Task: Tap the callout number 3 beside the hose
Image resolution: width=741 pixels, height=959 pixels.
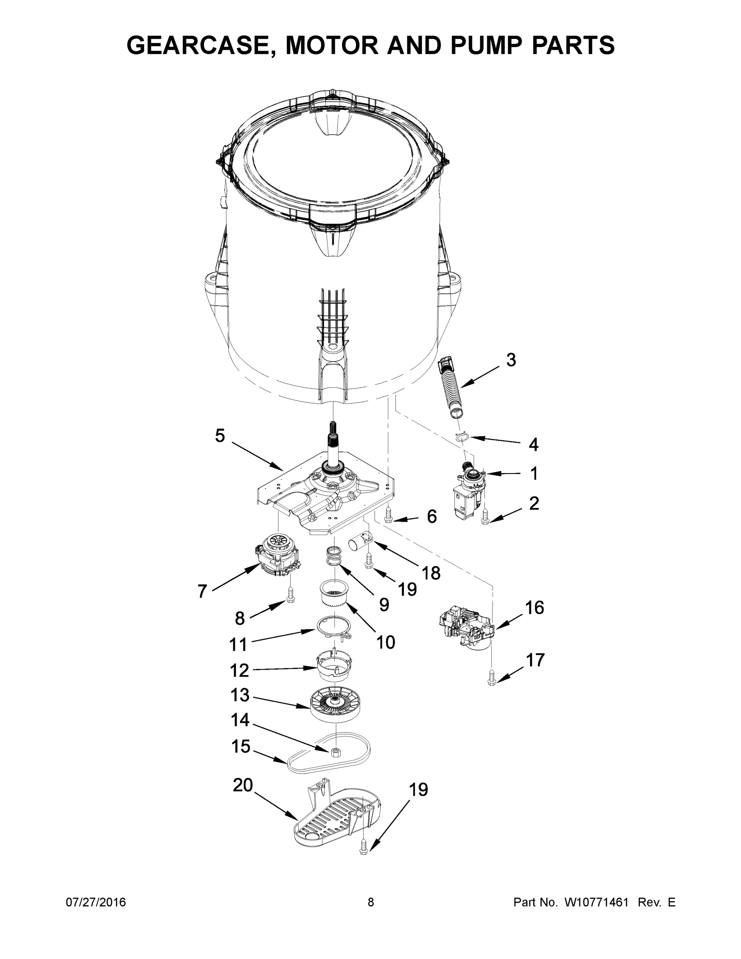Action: (511, 360)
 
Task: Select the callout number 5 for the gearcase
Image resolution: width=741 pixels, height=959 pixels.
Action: (220, 436)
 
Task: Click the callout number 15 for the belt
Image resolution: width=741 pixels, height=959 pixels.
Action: (241, 746)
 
